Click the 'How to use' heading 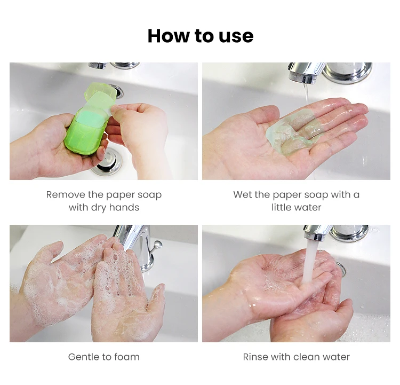201,36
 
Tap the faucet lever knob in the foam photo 158,245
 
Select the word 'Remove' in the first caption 66,195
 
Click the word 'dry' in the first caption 99,208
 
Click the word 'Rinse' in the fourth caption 255,357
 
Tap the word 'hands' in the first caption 124,207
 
